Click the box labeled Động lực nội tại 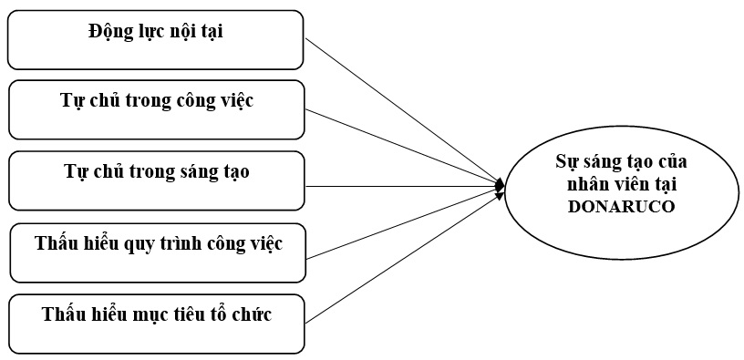[x=156, y=39]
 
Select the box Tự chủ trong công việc [x=156, y=109]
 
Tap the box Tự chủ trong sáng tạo [x=156, y=180]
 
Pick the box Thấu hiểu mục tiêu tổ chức [x=156, y=324]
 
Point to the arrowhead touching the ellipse [x=500, y=186]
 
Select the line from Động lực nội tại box [x=401, y=111]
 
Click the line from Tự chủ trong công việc [x=401, y=148]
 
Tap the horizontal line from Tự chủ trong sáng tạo [x=401, y=186]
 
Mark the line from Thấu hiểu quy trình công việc [x=401, y=221]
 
